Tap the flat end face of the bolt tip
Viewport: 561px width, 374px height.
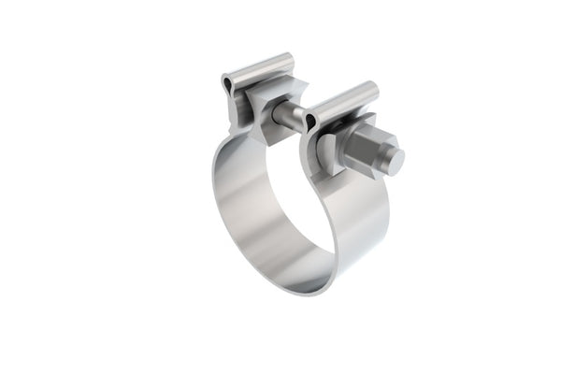point(396,161)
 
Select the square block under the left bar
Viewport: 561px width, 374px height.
point(271,110)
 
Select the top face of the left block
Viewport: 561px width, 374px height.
point(280,89)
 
